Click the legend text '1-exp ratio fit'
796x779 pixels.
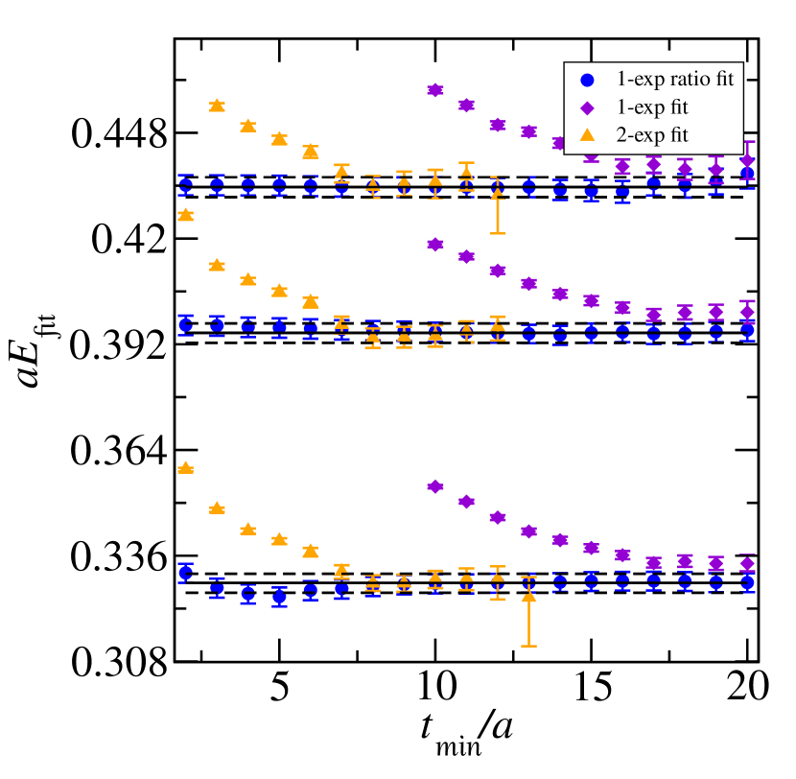tap(674, 80)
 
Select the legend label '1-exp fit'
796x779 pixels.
tap(651, 107)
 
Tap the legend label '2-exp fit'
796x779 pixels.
tap(651, 135)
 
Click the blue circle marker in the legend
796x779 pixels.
tap(588, 81)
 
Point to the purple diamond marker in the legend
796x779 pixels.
tap(588, 108)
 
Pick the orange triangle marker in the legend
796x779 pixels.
tap(588, 135)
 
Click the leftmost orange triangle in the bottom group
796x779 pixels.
tap(186, 467)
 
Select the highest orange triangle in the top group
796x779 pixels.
tap(217, 105)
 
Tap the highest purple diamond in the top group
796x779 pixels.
tap(435, 90)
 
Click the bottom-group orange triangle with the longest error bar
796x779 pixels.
tap(528, 597)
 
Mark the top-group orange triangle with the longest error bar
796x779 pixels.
tap(497, 193)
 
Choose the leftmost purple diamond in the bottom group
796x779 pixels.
tap(435, 486)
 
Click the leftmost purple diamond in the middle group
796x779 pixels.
tap(435, 245)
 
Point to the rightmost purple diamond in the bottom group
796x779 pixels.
tap(747, 563)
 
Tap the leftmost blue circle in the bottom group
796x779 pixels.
tap(186, 573)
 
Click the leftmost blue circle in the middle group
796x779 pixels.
tap(186, 325)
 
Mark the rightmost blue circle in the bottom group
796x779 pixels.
tap(747, 582)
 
